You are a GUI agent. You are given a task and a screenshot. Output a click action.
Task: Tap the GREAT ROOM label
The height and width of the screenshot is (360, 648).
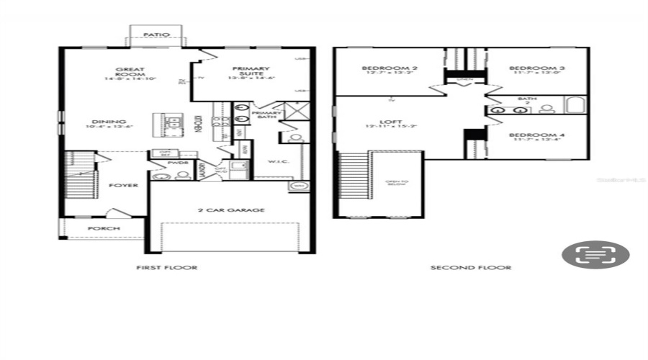click(x=131, y=73)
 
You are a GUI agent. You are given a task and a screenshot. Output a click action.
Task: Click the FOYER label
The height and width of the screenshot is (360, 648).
click(x=123, y=185)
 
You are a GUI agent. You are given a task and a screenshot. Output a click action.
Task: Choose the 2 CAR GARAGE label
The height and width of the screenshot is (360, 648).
click(x=232, y=210)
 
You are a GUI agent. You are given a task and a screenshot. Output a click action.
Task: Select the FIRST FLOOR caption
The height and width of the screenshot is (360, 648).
click(x=167, y=268)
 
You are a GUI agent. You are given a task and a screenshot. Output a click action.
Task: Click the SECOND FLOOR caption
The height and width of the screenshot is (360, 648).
click(x=471, y=268)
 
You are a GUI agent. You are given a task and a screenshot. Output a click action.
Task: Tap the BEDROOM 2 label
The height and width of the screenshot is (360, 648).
click(x=380, y=70)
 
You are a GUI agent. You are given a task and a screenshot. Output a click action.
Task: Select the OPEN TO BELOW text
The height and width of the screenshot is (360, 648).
click(x=395, y=181)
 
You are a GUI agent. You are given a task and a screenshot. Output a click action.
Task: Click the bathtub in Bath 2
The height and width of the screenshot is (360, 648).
click(x=576, y=105)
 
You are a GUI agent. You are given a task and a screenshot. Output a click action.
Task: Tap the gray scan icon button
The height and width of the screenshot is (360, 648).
click(x=595, y=254)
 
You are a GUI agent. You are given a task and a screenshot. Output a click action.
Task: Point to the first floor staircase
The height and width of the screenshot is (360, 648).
click(x=81, y=174)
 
